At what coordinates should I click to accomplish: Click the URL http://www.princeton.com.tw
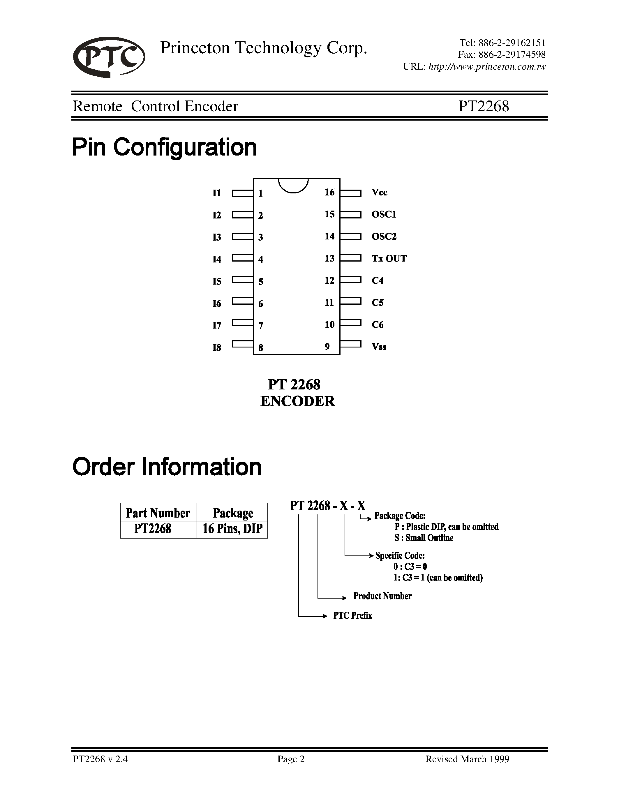click(487, 67)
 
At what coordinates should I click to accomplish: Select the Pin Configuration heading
click(164, 147)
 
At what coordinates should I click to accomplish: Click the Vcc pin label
click(379, 193)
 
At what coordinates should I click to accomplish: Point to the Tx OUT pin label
click(389, 259)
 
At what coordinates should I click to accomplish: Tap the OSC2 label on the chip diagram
click(384, 237)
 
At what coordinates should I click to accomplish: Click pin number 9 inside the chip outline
click(327, 347)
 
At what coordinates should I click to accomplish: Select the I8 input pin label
click(217, 347)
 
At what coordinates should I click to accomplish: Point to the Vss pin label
click(379, 347)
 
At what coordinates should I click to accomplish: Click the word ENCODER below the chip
click(297, 401)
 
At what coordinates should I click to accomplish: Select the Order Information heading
click(167, 467)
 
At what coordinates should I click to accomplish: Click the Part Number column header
click(158, 513)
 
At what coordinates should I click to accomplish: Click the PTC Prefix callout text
click(352, 615)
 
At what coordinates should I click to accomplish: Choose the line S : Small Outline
click(424, 538)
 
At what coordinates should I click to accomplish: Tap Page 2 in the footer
click(291, 759)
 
